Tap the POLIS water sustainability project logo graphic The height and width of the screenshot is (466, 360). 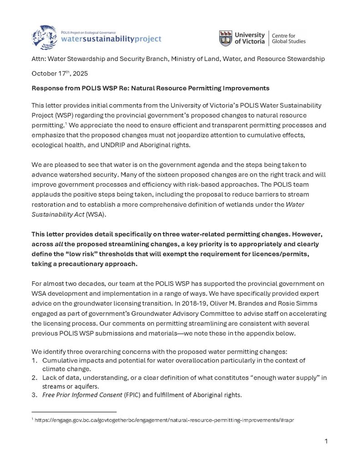pos(45,36)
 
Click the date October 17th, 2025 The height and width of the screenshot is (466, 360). pos(60,73)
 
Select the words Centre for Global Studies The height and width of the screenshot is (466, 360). pos(289,38)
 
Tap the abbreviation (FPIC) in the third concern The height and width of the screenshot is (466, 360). pos(132,395)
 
